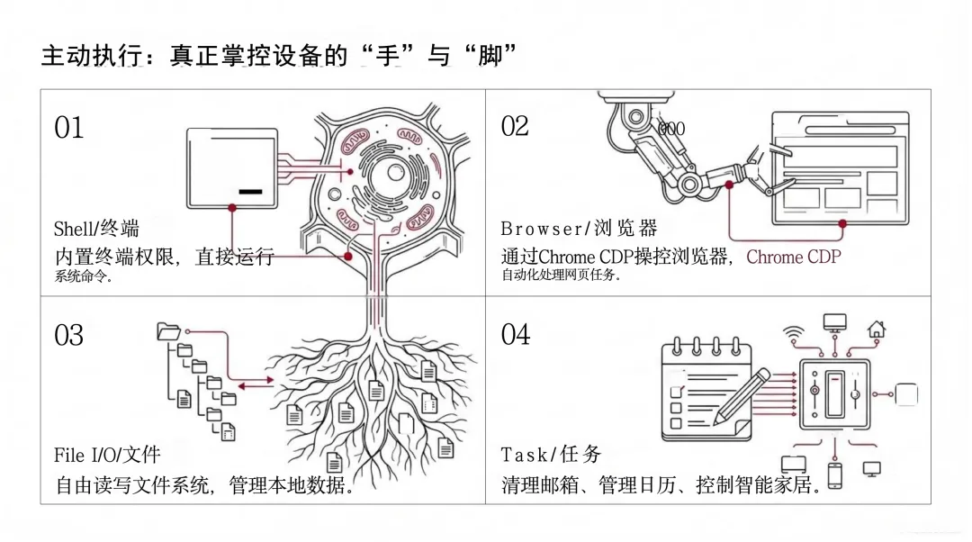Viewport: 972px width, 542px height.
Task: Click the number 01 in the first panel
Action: coord(68,128)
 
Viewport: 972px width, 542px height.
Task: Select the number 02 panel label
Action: coord(515,126)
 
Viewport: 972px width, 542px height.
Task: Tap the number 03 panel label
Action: coord(68,335)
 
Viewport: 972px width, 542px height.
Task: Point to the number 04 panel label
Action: coord(516,334)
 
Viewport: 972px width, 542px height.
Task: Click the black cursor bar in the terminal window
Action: coord(250,192)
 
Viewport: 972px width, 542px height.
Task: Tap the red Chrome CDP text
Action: coord(794,257)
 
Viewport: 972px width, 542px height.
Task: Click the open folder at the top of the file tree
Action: coord(168,331)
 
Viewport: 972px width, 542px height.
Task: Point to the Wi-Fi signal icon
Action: coord(793,330)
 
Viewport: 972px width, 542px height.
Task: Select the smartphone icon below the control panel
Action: coord(834,474)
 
